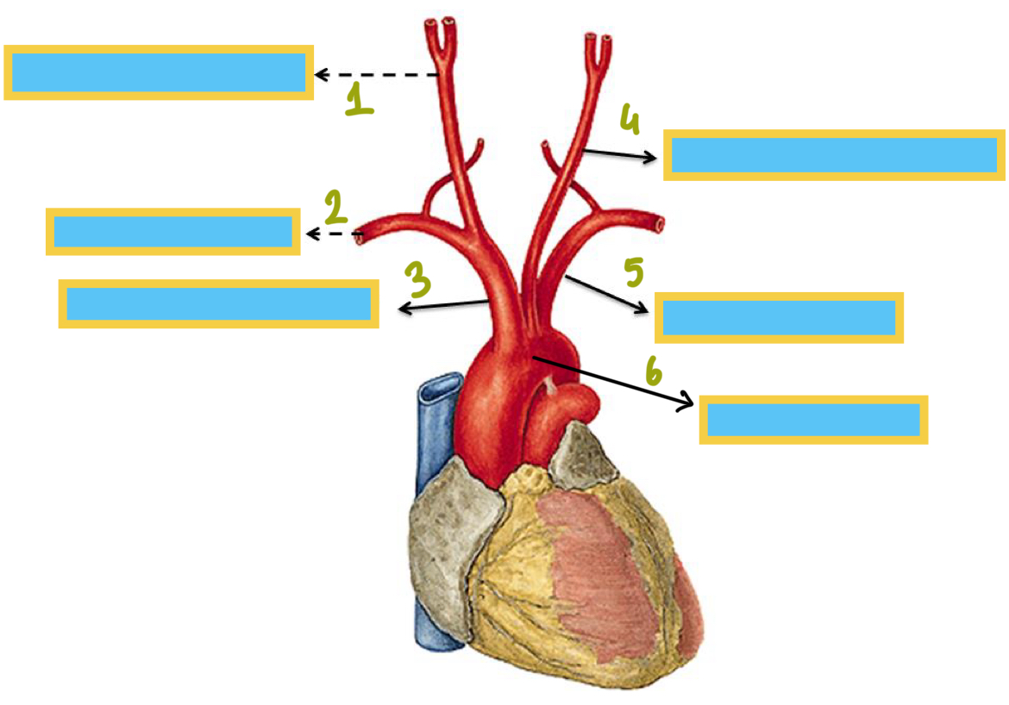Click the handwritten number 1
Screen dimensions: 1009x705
point(358,99)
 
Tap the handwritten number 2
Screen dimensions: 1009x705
point(335,207)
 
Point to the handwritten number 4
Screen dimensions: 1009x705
point(630,120)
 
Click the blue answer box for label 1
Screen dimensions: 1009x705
point(159,72)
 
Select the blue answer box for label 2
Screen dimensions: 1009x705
point(172,231)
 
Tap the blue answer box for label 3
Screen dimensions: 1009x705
point(218,303)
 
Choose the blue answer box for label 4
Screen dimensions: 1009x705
point(834,155)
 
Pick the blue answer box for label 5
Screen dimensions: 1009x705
point(779,317)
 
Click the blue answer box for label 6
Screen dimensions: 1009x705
point(813,420)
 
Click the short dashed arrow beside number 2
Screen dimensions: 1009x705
point(335,234)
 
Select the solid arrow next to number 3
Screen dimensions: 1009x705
point(444,304)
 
